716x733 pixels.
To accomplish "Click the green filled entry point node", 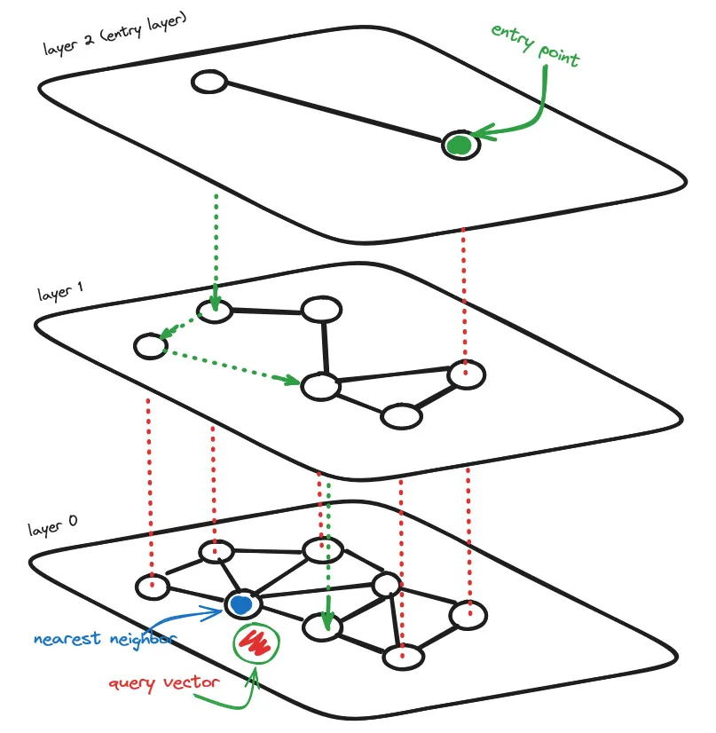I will pos(459,145).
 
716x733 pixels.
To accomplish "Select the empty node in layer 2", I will pos(209,83).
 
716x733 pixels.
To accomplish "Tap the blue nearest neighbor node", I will pos(241,603).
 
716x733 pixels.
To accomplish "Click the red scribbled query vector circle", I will pos(256,642).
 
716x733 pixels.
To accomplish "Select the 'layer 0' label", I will pos(51,530).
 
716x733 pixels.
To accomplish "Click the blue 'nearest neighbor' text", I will pos(105,638).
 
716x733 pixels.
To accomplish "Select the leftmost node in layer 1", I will pos(150,346).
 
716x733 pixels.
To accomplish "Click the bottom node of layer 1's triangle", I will pos(401,416).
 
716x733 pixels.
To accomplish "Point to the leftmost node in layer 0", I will pos(152,587).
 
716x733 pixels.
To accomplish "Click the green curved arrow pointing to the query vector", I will pos(232,700).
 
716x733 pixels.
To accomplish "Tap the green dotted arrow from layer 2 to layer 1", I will pos(215,248).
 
